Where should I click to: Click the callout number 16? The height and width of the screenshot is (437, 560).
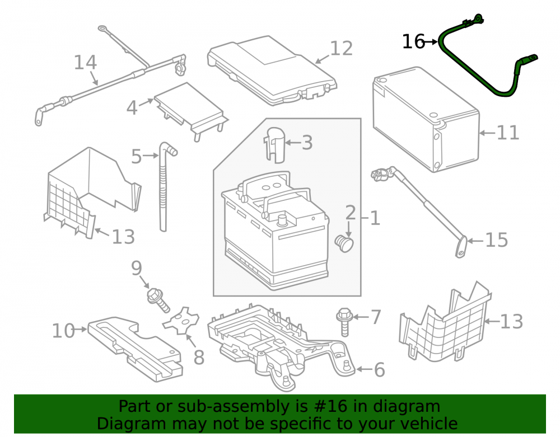coord(413,42)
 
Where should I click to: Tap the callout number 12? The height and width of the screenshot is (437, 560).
coord(342,49)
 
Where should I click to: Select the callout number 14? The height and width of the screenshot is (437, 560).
coord(85,63)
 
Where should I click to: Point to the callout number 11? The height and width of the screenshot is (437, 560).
coord(508,133)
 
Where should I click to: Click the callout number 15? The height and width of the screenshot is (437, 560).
coord(496,240)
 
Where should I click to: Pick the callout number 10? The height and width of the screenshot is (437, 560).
coord(63,331)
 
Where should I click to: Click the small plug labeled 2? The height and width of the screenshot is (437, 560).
coord(344,243)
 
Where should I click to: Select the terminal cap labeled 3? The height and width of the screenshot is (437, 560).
coord(274,144)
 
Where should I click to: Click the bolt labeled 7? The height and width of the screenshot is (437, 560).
coord(344,322)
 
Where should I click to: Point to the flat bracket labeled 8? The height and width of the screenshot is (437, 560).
coord(181,321)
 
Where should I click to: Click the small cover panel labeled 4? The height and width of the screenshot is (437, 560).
coord(190,111)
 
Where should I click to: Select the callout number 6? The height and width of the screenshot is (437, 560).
coord(379,370)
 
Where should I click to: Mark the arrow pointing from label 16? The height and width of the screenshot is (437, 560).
coord(431,42)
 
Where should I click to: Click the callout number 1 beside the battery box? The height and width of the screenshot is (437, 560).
coord(375,218)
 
